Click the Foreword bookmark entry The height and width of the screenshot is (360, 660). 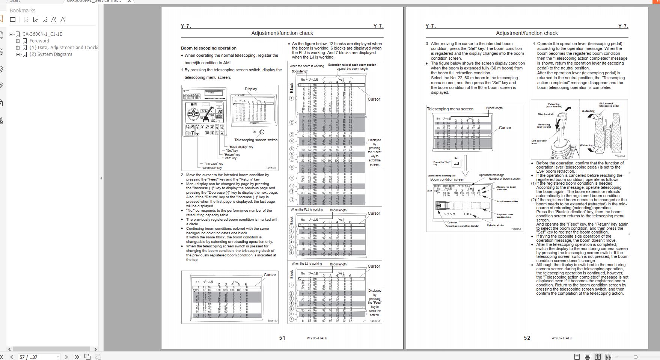[x=39, y=41]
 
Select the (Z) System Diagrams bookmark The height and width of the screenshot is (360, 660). [x=51, y=54]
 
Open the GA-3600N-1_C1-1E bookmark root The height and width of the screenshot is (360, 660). [x=42, y=34]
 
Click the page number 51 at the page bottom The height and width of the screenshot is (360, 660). [x=282, y=338]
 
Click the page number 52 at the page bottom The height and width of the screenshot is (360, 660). [x=527, y=338]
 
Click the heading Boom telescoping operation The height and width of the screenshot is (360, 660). [x=208, y=48]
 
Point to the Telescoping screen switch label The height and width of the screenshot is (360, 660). [x=256, y=140]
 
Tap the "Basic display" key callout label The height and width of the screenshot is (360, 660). [x=241, y=147]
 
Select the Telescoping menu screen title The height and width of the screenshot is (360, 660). [x=450, y=109]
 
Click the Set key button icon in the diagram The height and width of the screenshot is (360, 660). [x=456, y=164]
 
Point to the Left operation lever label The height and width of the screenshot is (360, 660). [x=539, y=142]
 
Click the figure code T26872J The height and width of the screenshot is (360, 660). [x=271, y=168]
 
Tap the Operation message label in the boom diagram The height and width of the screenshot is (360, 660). [x=491, y=175]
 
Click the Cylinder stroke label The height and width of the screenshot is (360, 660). [x=495, y=225]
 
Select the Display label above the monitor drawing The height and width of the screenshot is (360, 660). [x=251, y=89]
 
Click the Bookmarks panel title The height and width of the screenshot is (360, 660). [x=23, y=11]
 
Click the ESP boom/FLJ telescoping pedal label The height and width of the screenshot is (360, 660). [x=607, y=105]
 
